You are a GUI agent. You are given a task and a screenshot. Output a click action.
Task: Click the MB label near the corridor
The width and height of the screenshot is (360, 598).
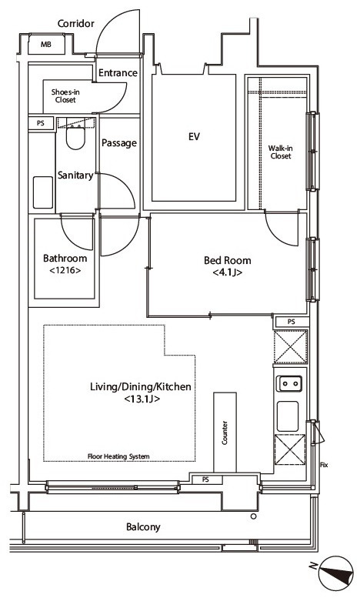point(45,45)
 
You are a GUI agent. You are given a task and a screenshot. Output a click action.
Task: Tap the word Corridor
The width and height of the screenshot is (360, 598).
point(76,24)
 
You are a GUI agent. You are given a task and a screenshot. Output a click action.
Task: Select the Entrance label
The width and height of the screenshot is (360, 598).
point(118,72)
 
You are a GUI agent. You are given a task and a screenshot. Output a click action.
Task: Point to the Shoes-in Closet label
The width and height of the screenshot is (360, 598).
point(65,96)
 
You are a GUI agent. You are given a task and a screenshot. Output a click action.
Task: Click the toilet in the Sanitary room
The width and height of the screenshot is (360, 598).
point(75,137)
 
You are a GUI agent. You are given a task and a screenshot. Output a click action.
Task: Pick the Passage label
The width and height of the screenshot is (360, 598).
point(119,143)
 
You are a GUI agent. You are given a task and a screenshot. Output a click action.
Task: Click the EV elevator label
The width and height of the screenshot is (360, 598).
point(194,136)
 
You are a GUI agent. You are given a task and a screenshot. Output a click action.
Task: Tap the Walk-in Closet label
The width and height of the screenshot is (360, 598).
point(280,152)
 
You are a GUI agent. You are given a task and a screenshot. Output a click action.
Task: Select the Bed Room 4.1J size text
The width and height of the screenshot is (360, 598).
point(228,272)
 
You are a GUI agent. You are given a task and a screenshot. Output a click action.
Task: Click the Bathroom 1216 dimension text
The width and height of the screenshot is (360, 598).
point(65,270)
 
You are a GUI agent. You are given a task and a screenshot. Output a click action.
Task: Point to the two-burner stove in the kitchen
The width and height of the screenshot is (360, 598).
point(289,383)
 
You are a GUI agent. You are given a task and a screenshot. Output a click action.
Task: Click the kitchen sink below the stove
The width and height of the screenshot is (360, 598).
point(288,416)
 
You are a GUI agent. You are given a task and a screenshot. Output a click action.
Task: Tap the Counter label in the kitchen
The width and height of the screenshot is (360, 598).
point(225,433)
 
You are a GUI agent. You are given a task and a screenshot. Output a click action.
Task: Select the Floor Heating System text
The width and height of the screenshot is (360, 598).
point(118,456)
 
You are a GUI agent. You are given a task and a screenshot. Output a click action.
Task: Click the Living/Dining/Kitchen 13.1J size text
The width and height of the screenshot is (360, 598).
point(142,399)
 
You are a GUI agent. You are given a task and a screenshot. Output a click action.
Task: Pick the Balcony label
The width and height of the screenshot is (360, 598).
point(143,527)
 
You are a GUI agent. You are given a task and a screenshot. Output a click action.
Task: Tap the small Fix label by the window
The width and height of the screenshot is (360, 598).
point(324,465)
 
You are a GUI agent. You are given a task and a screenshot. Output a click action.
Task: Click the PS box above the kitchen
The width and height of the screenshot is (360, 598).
point(291,322)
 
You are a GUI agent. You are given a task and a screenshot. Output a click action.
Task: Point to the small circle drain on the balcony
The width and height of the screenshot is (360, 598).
point(254,516)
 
